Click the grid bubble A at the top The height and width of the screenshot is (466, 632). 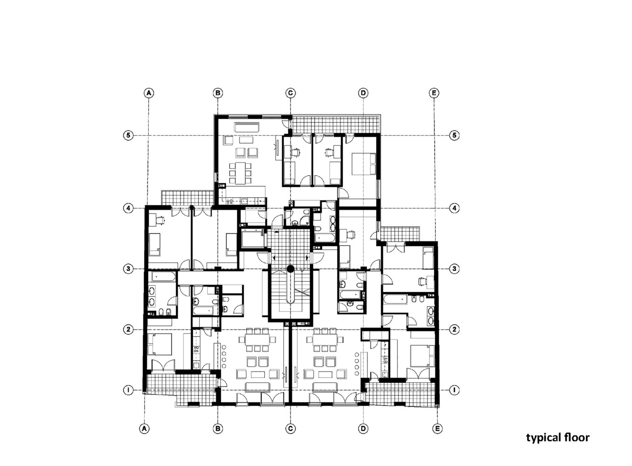pos(149,93)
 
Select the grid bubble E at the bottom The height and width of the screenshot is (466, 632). pos(437,428)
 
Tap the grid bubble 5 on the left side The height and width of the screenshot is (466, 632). pos(128,136)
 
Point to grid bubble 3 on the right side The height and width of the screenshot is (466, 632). pos(455,269)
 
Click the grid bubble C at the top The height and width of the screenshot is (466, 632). pos(290,93)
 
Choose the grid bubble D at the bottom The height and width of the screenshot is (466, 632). pos(363,428)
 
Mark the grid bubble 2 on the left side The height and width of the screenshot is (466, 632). pos(128,329)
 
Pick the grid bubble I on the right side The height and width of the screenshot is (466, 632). pos(455,390)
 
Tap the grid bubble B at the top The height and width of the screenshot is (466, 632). pos(217,93)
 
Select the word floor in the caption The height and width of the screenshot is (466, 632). pos(577,437)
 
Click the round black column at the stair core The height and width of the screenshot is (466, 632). pos(290,268)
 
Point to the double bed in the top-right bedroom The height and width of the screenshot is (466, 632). pos(363,163)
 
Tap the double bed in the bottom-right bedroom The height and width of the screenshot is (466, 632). pos(422,356)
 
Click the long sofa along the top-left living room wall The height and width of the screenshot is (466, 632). pos(247,127)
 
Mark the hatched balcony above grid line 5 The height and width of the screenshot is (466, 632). pos(335,124)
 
